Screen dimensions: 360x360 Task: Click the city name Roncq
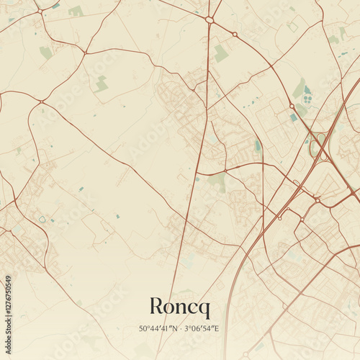pyautogui.click(x=180, y=307)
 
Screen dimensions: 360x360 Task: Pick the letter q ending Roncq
pyautogui.click(x=204, y=309)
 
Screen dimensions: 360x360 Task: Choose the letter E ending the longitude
pyautogui.click(x=216, y=328)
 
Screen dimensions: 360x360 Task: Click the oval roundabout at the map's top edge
pyautogui.click(x=210, y=20)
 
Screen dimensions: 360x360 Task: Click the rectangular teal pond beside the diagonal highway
pyautogui.click(x=293, y=117)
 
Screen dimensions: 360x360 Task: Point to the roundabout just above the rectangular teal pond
pyautogui.click(x=292, y=106)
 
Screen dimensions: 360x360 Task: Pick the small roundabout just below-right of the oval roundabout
pyautogui.click(x=235, y=34)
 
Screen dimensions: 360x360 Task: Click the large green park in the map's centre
pyautogui.click(x=216, y=181)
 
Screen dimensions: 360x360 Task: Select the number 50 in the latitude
pyautogui.click(x=143, y=328)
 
